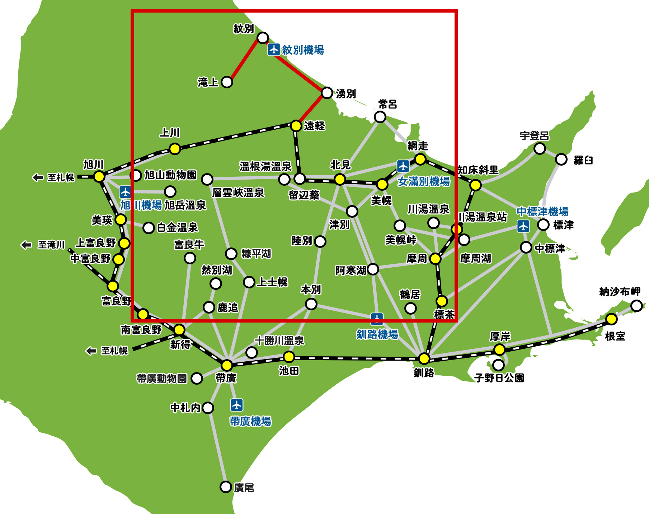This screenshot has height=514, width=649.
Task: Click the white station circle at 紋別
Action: (263, 37)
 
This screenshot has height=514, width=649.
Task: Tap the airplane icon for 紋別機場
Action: (274, 50)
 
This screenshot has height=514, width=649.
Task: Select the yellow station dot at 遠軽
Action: (296, 126)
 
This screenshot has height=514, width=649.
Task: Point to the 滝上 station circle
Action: (227, 82)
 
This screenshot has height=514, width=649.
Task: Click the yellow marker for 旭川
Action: (99, 176)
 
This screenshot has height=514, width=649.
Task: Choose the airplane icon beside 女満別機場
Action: (403, 166)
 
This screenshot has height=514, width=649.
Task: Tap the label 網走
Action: (418, 146)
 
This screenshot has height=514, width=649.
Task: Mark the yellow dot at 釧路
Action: (424, 358)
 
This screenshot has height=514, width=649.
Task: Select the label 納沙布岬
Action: (620, 292)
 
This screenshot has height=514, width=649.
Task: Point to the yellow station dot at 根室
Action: (611, 319)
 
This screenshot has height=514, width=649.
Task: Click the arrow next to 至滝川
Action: (26, 245)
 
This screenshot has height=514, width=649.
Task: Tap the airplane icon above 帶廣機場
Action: (236, 405)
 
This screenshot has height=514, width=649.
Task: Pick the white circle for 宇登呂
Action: (540, 148)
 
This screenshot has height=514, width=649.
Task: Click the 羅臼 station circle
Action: (561, 159)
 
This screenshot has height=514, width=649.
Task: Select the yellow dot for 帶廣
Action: (227, 365)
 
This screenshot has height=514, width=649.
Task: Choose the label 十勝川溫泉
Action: (279, 341)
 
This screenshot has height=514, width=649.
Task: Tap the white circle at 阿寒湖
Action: (373, 269)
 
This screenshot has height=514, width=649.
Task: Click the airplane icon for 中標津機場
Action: (523, 226)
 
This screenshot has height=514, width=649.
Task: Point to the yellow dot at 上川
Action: (175, 148)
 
